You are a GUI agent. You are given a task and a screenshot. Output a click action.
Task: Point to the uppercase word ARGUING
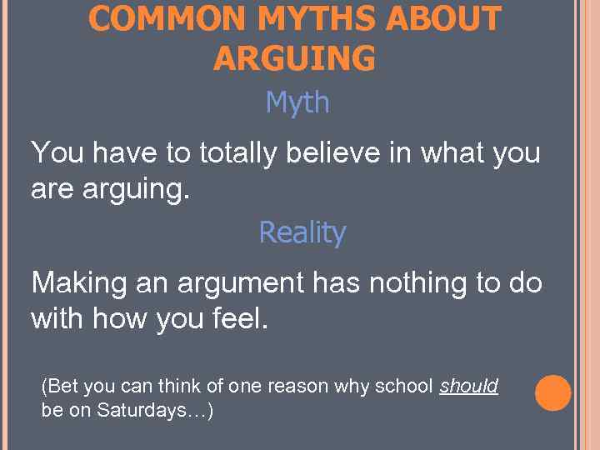pos(294,58)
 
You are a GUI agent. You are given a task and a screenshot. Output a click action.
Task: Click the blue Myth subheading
pos(297,102)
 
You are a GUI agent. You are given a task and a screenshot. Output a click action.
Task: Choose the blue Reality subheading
pos(302,232)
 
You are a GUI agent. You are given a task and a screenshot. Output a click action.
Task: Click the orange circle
pos(553,393)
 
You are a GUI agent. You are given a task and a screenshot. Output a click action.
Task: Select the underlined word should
pos(468,386)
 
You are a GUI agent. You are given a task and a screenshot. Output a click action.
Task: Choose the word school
pos(404,386)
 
